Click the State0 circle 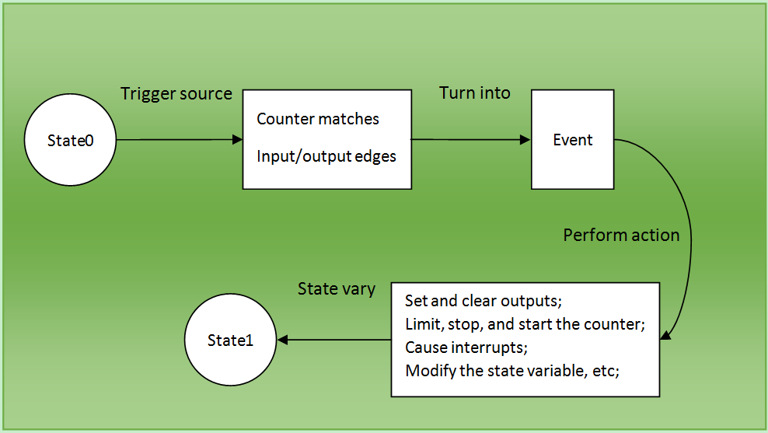(70, 141)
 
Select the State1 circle (230, 340)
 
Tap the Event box (572, 140)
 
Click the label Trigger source (176, 94)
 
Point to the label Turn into (474, 93)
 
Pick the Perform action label (621, 235)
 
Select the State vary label (337, 289)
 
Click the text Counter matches (318, 119)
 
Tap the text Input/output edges (326, 156)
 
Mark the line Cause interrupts (458, 347)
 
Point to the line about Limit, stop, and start (525, 323)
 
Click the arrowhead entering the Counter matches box (237, 140)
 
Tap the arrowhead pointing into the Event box (525, 140)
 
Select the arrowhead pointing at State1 (282, 340)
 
